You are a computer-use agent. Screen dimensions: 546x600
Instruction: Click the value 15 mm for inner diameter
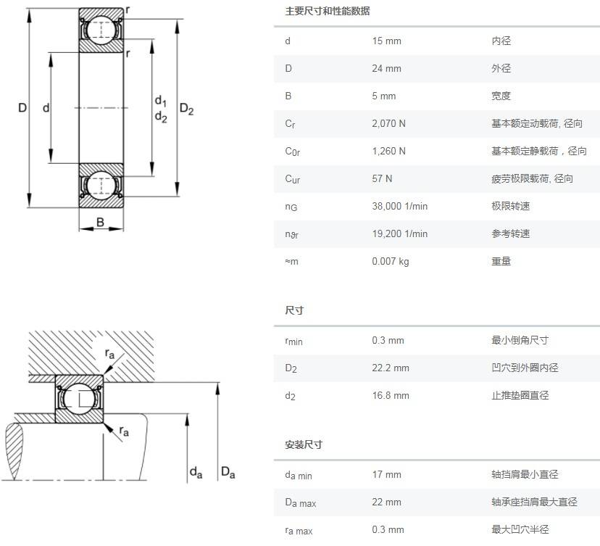pos(386,41)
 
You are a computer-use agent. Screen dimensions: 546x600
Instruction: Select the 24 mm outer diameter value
pos(386,69)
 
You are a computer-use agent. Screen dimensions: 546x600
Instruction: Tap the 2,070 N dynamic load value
pos(388,124)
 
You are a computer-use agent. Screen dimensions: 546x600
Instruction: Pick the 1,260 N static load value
pos(388,152)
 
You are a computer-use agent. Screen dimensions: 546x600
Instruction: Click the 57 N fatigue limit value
pos(382,179)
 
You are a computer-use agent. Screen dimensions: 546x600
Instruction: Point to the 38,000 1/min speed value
pos(399,207)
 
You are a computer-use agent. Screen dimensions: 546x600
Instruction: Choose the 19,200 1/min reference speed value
pos(399,234)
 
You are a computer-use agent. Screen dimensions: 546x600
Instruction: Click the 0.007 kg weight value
pos(390,262)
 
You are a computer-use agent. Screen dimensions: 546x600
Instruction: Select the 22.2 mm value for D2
pos(391,368)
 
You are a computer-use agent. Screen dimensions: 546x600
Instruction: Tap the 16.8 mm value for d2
pos(391,396)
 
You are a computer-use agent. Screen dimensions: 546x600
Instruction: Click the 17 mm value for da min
pos(386,475)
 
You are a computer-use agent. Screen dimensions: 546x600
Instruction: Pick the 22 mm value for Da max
pos(386,502)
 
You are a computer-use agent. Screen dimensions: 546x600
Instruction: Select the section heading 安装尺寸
pos(304,444)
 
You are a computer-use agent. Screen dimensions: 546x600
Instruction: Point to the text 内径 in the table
pos(501,41)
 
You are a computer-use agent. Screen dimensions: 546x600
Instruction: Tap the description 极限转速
pos(510,207)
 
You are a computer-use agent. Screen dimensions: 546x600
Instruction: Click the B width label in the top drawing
pos(101,223)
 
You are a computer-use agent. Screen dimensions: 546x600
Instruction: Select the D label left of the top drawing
pos(22,108)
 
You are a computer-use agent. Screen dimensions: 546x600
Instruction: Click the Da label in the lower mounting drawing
pos(228,473)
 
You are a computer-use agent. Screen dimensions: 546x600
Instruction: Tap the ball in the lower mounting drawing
pos(75,398)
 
